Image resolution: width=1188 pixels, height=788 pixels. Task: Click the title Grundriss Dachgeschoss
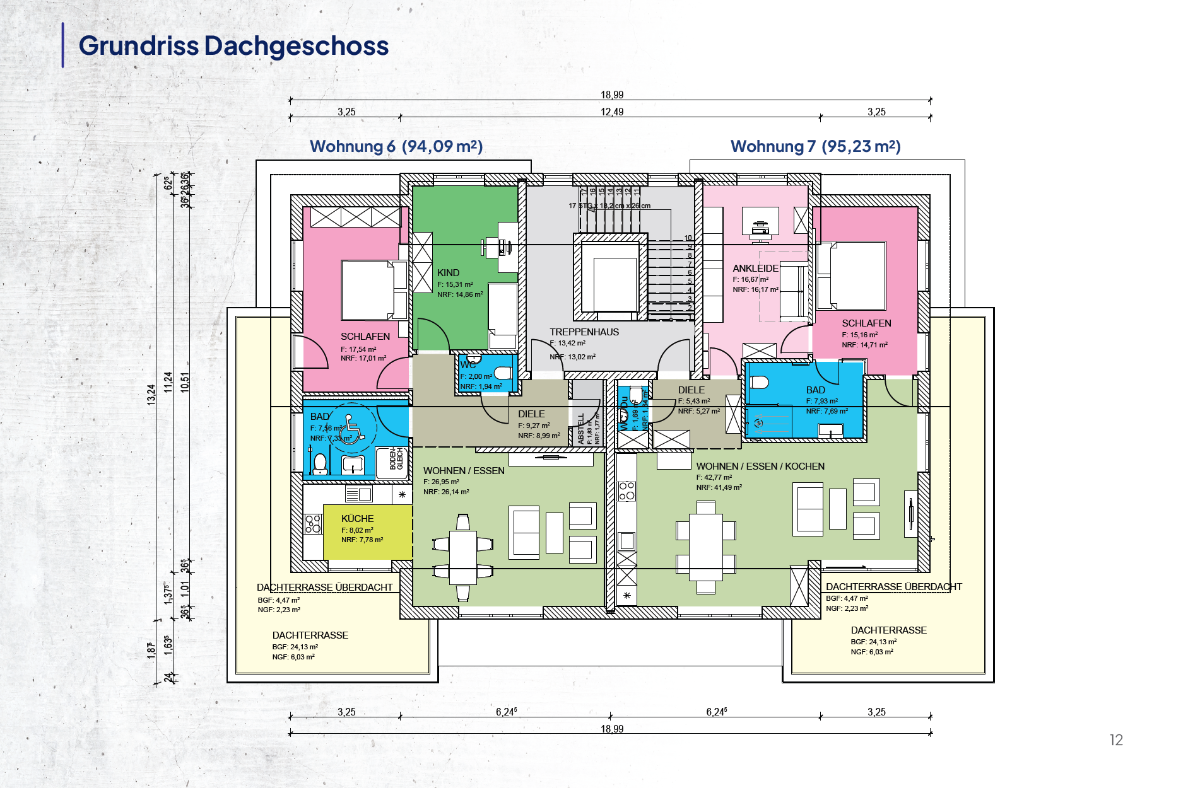[233, 46]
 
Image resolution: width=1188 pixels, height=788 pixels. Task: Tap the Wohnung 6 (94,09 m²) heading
[396, 146]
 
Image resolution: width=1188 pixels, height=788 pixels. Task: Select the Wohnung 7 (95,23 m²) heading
[815, 146]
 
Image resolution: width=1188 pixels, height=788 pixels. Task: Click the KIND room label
[448, 273]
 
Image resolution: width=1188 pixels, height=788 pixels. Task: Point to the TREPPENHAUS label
[584, 332]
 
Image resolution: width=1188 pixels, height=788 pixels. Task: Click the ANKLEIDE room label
[755, 269]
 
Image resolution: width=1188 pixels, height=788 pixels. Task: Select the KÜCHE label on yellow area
[357, 519]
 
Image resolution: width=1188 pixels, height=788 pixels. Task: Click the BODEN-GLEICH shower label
[396, 459]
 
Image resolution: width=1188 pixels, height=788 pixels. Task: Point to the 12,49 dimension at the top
[611, 112]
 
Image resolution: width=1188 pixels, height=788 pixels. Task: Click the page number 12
[1116, 740]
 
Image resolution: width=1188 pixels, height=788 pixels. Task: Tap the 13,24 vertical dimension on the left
[151, 394]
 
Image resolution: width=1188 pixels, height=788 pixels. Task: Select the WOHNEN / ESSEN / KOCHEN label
[760, 466]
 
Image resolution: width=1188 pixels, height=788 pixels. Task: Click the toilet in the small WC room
[503, 373]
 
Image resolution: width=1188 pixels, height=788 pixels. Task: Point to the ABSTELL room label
[581, 429]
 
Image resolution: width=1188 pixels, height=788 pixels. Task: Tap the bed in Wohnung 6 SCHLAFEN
[372, 290]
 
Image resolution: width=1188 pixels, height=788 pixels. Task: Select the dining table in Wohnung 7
[705, 547]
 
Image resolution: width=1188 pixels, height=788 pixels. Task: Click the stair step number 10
[688, 238]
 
